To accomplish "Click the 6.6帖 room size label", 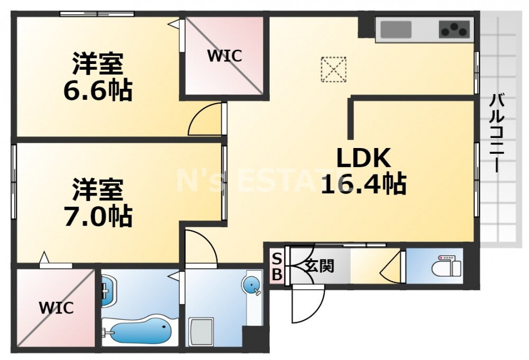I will pyautogui.click(x=97, y=91).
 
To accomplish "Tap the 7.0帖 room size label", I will pyautogui.click(x=97, y=217).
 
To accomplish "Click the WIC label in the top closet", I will pyautogui.click(x=224, y=56).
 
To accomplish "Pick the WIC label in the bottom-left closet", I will pyautogui.click(x=56, y=308).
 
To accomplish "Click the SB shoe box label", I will pyautogui.click(x=277, y=266).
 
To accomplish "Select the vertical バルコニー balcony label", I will pyautogui.click(x=496, y=132).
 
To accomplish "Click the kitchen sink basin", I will pyautogui.click(x=396, y=30).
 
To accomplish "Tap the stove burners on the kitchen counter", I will pyautogui.click(x=454, y=30).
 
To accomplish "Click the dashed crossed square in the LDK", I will pyautogui.click(x=334, y=69).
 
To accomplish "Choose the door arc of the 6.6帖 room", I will pyautogui.click(x=206, y=119).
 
